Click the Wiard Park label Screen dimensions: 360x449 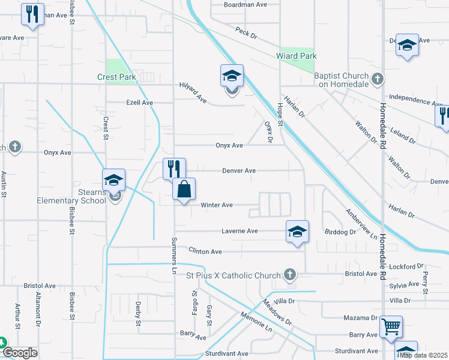296,56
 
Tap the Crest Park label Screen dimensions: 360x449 117,77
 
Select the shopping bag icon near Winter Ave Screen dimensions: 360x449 184,189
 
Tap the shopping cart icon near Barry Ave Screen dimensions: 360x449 391,326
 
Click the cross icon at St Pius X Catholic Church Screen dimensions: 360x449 290,275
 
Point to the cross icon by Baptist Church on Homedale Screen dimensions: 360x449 378,79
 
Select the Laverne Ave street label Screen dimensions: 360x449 240,230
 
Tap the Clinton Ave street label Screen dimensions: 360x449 205,251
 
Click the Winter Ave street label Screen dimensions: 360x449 217,205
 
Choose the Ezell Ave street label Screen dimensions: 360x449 139,103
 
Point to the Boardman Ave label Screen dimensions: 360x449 245,4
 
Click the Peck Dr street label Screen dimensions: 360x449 246,32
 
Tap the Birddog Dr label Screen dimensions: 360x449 340,232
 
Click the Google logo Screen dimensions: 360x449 20,353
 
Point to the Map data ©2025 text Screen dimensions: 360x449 424,355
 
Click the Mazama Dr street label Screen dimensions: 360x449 361,317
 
